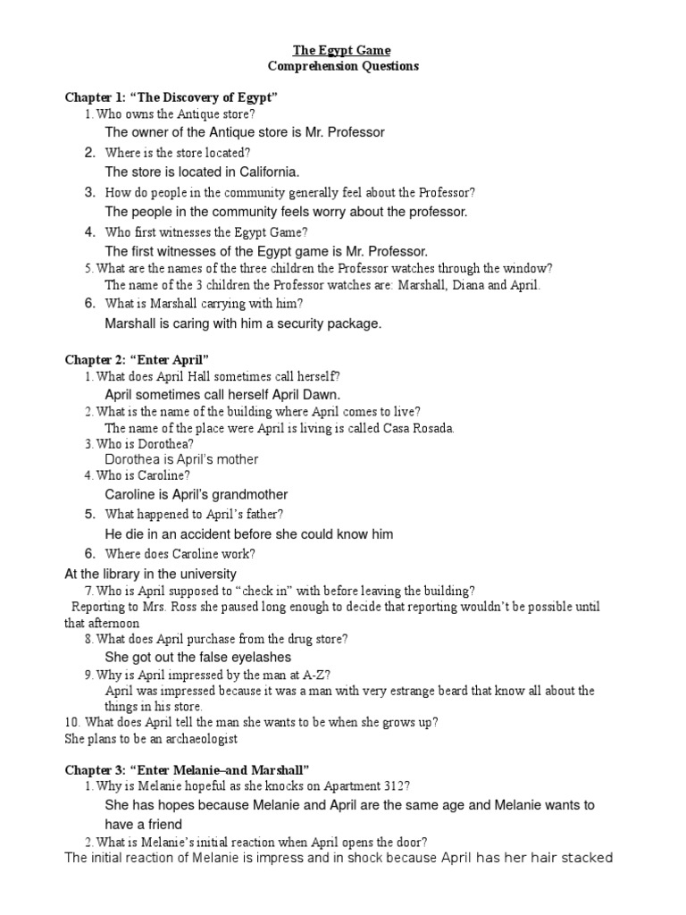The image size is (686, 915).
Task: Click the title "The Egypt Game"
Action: (x=343, y=50)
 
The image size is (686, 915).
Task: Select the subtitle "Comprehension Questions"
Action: (x=343, y=66)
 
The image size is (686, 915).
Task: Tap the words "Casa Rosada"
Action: (x=418, y=428)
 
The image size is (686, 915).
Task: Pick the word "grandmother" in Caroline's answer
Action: (x=245, y=494)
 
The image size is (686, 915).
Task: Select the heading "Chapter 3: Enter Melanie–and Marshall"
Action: (x=187, y=768)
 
